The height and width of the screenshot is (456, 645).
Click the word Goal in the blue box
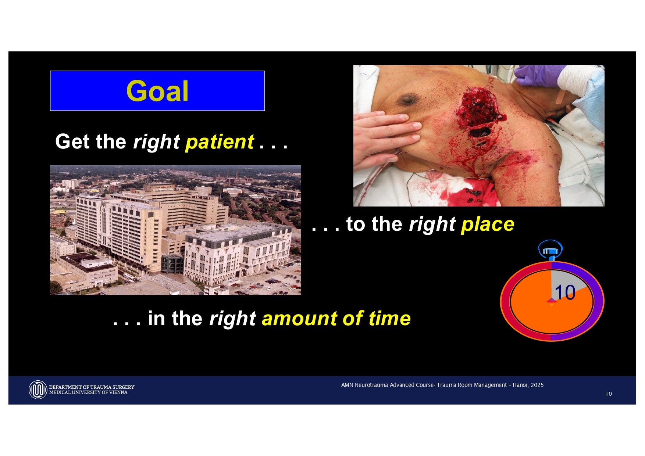(x=157, y=91)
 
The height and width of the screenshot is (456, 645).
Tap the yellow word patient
(x=220, y=142)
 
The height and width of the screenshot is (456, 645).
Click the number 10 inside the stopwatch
(x=565, y=293)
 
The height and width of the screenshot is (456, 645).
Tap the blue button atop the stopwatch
(x=550, y=251)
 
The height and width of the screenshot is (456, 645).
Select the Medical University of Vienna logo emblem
(x=38, y=389)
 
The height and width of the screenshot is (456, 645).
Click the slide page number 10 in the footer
(x=609, y=394)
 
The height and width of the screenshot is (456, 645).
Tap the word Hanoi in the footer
(x=520, y=385)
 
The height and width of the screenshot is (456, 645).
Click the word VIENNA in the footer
(x=118, y=392)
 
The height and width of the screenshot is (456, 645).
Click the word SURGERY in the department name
(x=123, y=387)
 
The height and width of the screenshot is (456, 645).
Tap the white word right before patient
(x=156, y=142)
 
